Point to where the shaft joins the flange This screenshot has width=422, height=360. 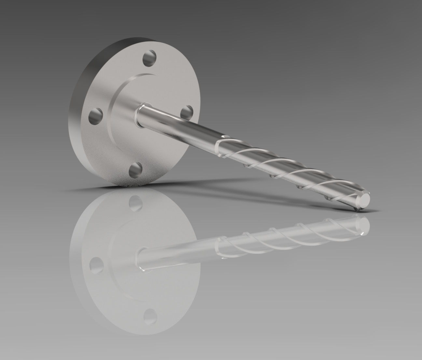click(140, 114)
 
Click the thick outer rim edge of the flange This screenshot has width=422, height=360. click(78, 98)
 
